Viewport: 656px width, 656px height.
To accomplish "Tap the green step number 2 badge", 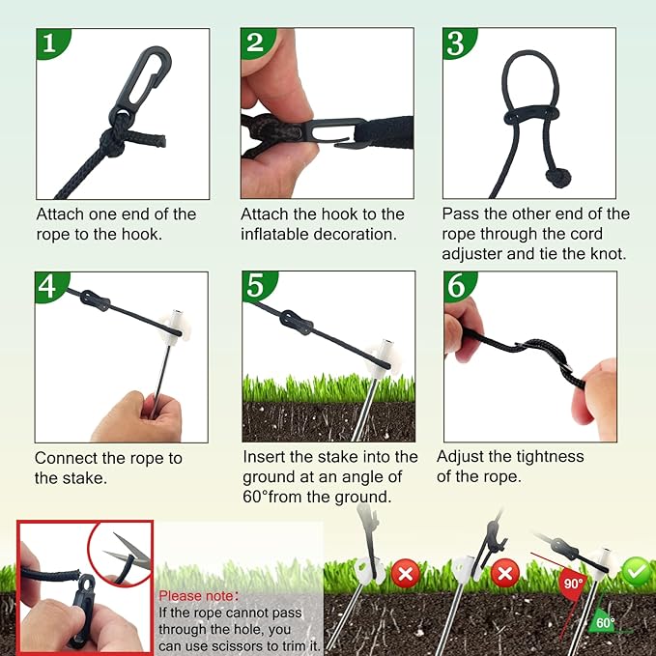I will (x=255, y=43).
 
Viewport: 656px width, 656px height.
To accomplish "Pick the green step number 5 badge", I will (x=255, y=287).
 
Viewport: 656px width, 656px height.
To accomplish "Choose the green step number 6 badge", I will (x=458, y=287).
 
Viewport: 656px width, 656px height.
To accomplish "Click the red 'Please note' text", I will (x=199, y=596).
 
